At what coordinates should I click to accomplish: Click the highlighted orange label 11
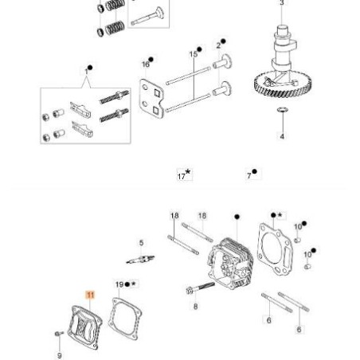pyautogui.click(x=90, y=295)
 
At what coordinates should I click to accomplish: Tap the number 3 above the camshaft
pyautogui.click(x=281, y=4)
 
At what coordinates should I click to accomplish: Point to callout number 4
pyautogui.click(x=282, y=136)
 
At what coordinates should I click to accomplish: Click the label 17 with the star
pyautogui.click(x=183, y=174)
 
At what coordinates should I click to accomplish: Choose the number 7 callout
pyautogui.click(x=252, y=174)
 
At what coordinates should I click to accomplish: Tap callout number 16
pyautogui.click(x=146, y=62)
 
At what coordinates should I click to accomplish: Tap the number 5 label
pyautogui.click(x=141, y=243)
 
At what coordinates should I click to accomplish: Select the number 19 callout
pyautogui.click(x=119, y=284)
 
